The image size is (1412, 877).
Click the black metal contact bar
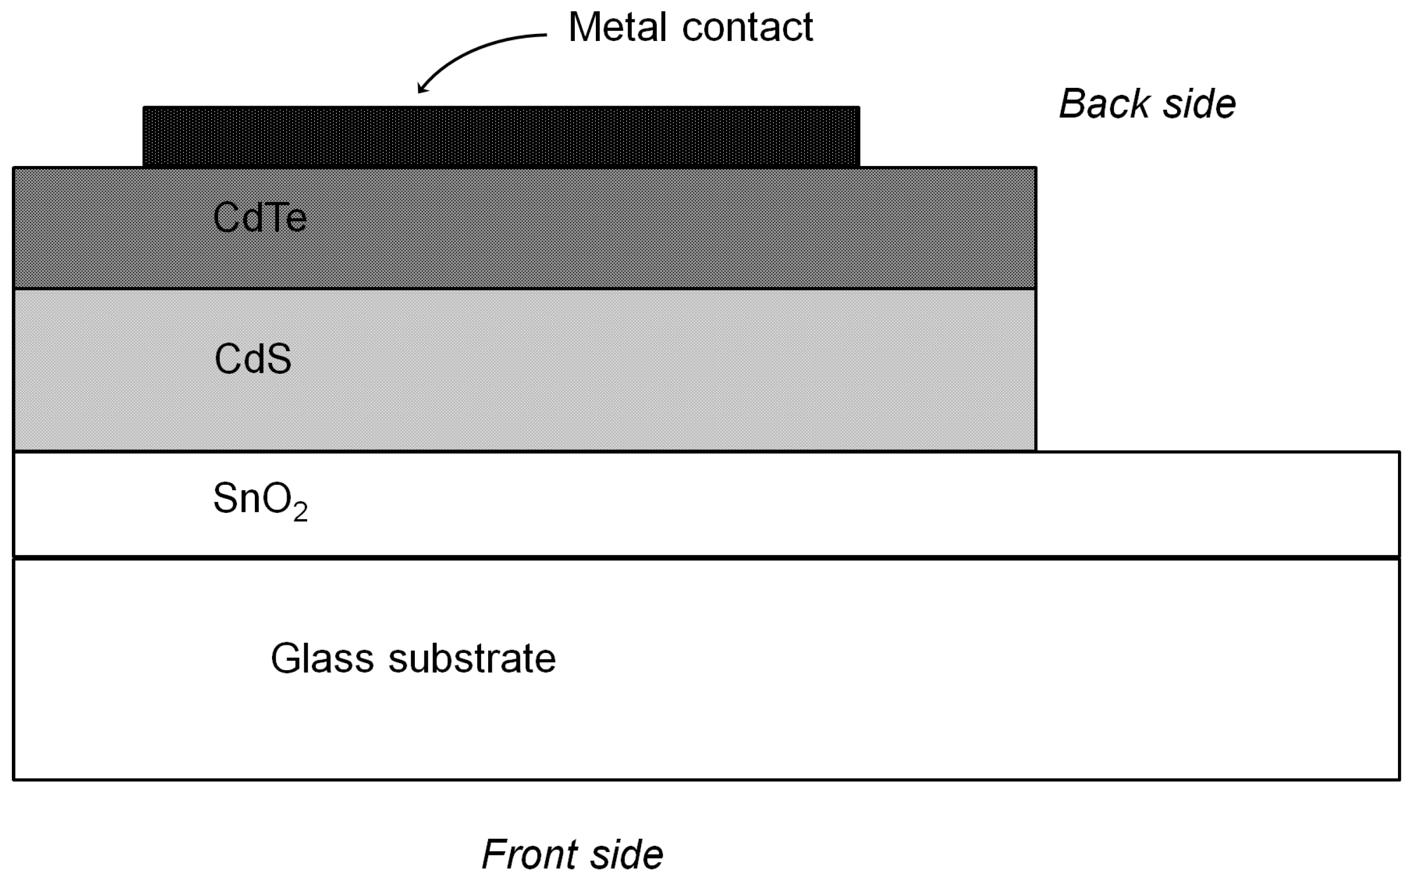tap(501, 137)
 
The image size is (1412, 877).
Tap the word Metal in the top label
tap(617, 27)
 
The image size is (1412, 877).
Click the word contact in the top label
tap(747, 27)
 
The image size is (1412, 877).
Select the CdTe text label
tap(260, 218)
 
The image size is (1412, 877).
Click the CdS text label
tap(253, 359)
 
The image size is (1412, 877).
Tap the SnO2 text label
tap(260, 499)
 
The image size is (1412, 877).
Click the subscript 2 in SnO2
tap(301, 513)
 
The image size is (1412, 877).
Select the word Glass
tap(322, 659)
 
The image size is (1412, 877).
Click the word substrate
tap(472, 659)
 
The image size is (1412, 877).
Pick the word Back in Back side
tap(1103, 105)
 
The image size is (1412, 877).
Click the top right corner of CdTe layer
tap(1035, 168)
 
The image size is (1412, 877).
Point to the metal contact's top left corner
tap(144, 107)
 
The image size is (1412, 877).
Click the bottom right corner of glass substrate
tap(1399, 779)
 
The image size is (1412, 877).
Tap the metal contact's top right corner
tap(859, 107)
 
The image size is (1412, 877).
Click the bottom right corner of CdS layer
tap(1035, 450)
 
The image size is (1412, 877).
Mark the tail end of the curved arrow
tap(546, 36)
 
